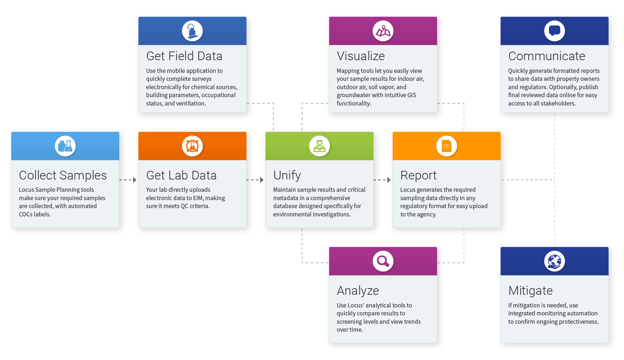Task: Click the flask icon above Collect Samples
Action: coord(65,146)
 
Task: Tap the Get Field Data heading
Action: coord(184,56)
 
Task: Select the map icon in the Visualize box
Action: coord(383,31)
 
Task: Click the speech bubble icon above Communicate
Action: coord(554,31)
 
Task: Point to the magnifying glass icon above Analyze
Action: coord(383,261)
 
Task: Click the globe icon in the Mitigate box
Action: coord(554,261)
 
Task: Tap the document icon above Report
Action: coord(446,146)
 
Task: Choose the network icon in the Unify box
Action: coord(319,146)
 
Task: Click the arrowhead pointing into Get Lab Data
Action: coord(135,180)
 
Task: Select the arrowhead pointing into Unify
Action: coord(262,180)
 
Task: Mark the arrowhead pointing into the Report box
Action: coord(389,180)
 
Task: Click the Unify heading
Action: coord(287,175)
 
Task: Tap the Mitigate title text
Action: coord(530,291)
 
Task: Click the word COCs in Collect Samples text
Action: coord(25,214)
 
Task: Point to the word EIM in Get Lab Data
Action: coord(198,198)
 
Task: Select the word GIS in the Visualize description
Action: coord(412,95)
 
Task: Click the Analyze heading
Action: coord(358,291)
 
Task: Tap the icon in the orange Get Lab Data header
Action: coord(192,146)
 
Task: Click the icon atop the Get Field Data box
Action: coord(192,31)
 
